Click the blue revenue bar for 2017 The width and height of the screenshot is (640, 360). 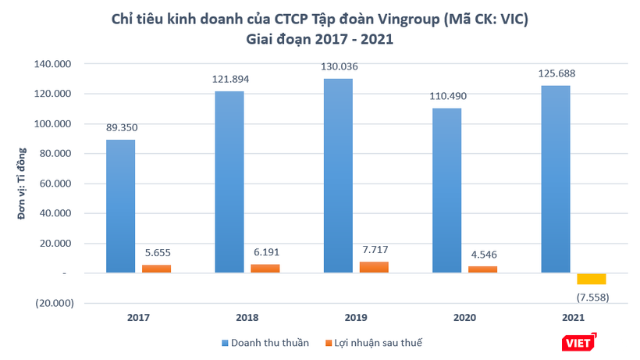[x=121, y=206]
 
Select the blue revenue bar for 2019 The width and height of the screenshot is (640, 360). [x=338, y=176]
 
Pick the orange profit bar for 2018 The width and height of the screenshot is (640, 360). [x=265, y=269]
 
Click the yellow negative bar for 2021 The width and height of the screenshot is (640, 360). [x=592, y=279]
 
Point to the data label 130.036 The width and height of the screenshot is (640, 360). [x=338, y=66]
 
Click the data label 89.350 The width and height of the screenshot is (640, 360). [x=121, y=127]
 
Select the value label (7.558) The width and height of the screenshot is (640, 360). [x=592, y=297]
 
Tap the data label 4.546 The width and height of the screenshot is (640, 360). [x=482, y=254]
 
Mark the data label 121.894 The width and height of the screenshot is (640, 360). [x=229, y=79]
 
